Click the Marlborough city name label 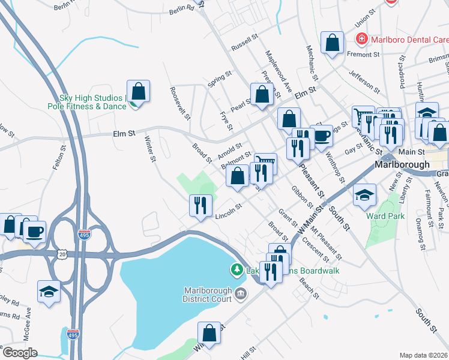click(x=402, y=164)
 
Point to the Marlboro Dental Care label click(x=409, y=40)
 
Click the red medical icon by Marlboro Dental click(x=362, y=40)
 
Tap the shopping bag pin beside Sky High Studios click(x=138, y=92)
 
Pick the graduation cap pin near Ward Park click(x=364, y=195)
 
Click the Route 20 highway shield click(x=62, y=254)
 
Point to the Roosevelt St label click(x=181, y=103)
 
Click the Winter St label click(x=150, y=148)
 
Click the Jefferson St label click(x=366, y=83)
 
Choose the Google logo click(x=19, y=353)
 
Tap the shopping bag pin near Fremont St click(x=332, y=43)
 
